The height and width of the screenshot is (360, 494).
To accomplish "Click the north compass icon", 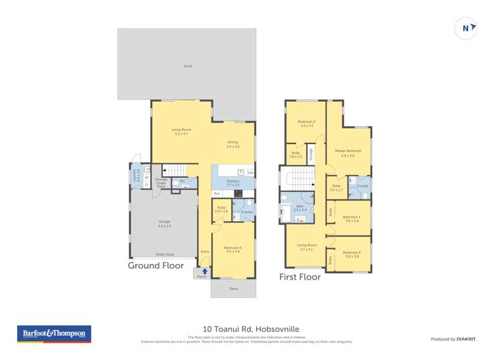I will [x=466, y=28].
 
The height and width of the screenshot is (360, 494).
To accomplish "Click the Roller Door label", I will [x=165, y=254].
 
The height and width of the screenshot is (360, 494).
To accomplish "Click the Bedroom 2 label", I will [x=306, y=123].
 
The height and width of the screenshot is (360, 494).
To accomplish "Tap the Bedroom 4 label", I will [x=352, y=254].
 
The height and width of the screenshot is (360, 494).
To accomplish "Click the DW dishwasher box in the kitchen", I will [x=250, y=173].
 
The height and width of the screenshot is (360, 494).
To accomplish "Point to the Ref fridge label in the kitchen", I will [x=217, y=193].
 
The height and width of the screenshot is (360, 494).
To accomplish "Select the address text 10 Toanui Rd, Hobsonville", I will [x=247, y=325].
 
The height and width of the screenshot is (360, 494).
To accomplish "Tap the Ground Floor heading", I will [x=155, y=266].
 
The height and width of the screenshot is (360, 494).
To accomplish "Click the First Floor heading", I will [x=300, y=277].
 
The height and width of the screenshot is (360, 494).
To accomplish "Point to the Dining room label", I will [x=233, y=144].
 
